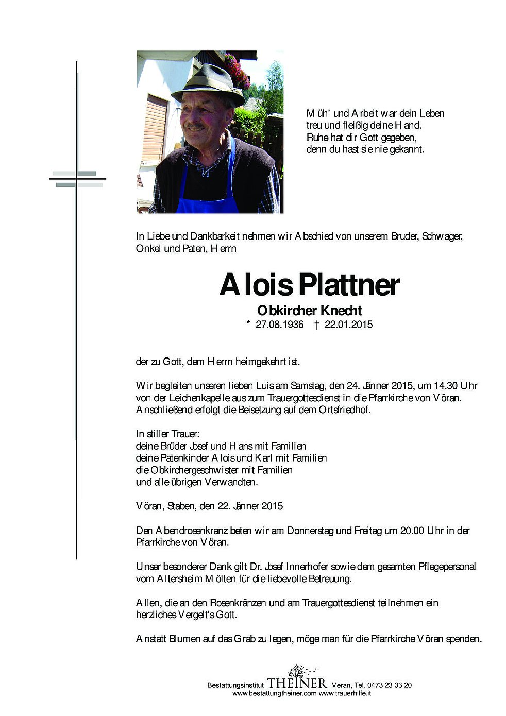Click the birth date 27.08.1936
click(x=279, y=325)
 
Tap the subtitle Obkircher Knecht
click(x=309, y=311)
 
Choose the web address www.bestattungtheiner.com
click(x=274, y=693)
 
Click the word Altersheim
click(x=179, y=578)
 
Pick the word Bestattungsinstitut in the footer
click(x=235, y=685)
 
